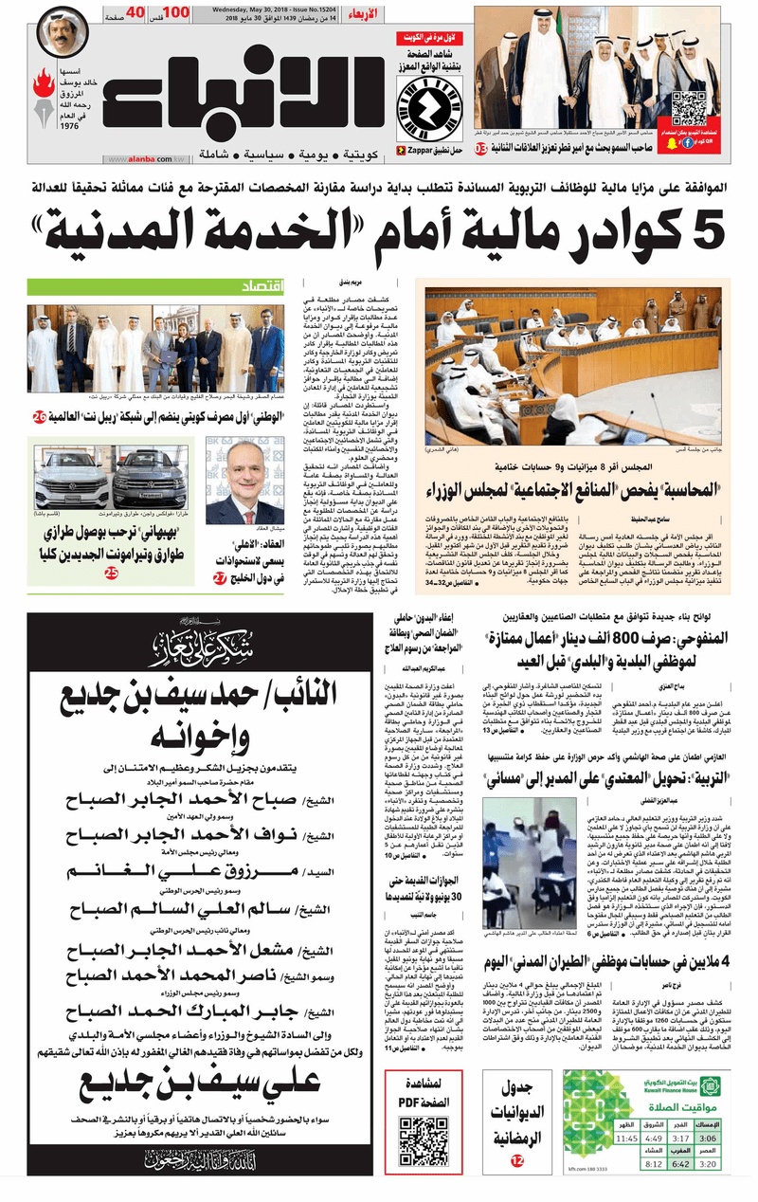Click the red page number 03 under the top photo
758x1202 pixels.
(481, 149)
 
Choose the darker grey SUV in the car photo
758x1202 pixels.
(150, 478)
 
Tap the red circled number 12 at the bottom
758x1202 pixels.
(517, 1159)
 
